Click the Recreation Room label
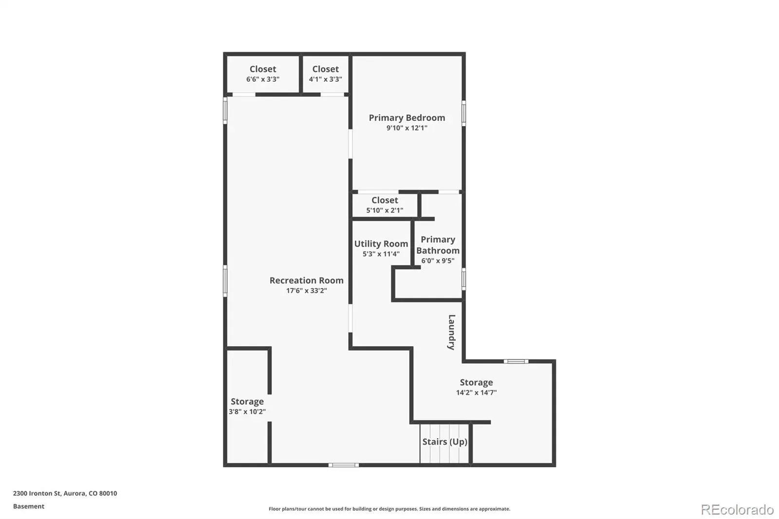coord(306,280)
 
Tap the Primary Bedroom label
coord(407,118)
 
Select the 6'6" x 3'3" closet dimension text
coord(263,79)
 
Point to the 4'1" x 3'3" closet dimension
coord(326,79)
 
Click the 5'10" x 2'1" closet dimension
coord(385,210)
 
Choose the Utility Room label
coord(381,244)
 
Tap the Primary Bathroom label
coord(438,245)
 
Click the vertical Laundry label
coord(451,332)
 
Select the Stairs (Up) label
coord(445,442)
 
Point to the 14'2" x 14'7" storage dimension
coord(477,393)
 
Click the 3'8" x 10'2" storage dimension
coord(247,412)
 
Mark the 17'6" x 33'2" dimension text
coord(306,291)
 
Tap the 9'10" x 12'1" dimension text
coord(407,128)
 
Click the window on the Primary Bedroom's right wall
coord(464,113)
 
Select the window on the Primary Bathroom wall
coord(464,279)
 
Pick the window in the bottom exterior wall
coord(344,465)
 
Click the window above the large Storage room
coord(516,361)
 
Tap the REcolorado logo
coord(737,510)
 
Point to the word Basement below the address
coord(29,506)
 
